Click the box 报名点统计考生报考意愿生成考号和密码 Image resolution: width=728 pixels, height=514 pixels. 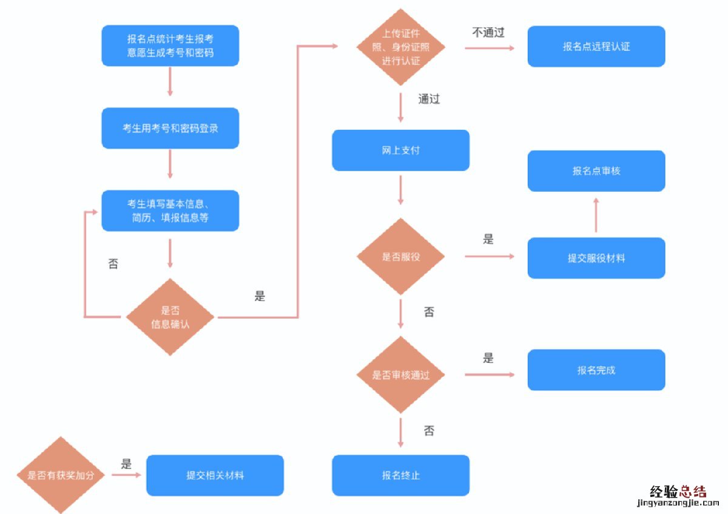(x=170, y=46)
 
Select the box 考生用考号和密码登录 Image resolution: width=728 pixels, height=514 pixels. (x=170, y=128)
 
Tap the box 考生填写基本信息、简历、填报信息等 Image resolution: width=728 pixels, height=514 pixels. (x=170, y=211)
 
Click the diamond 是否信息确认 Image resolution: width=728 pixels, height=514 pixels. (x=170, y=317)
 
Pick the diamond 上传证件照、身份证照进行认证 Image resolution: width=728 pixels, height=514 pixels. (x=400, y=47)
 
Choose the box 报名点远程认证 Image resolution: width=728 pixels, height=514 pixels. (x=596, y=46)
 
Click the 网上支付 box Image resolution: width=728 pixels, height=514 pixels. (x=400, y=150)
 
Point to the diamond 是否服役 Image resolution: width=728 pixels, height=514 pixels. (x=400, y=256)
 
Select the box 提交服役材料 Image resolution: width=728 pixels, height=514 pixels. (x=596, y=258)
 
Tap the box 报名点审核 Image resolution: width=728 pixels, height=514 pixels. (x=596, y=171)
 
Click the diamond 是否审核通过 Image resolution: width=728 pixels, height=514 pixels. (x=400, y=375)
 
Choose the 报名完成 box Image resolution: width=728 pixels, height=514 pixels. (x=596, y=370)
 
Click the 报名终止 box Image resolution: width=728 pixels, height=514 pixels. (x=400, y=475)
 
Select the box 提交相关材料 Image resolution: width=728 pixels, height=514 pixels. (x=215, y=475)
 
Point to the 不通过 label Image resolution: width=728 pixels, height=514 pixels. (x=488, y=32)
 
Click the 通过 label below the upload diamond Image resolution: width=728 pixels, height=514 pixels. (x=429, y=99)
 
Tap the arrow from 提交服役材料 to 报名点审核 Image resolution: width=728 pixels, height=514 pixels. (x=596, y=215)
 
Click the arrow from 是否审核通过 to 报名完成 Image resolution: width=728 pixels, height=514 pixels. (x=489, y=374)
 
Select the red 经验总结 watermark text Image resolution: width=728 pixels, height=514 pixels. (x=678, y=491)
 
